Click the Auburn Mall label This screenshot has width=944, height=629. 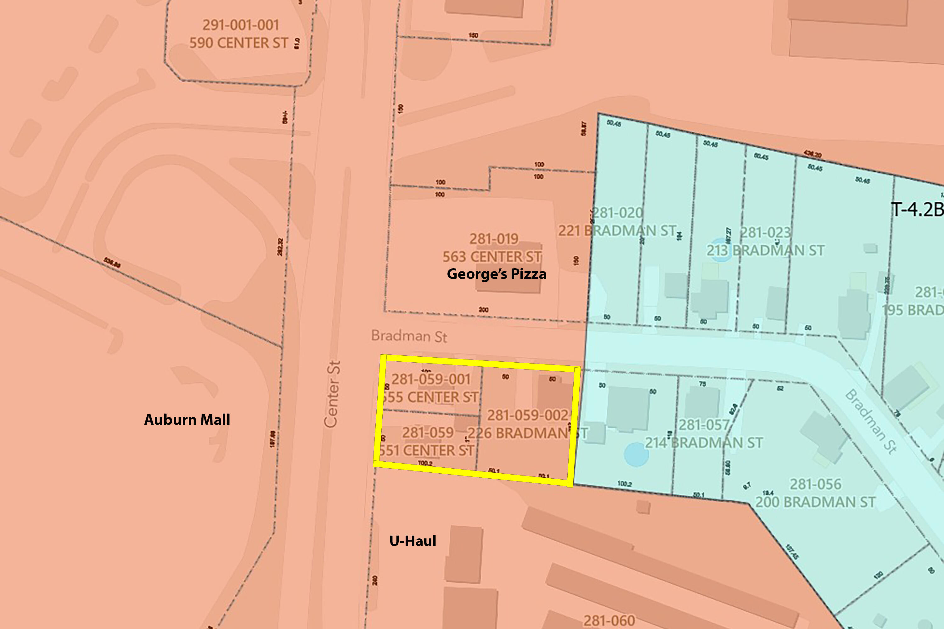(x=187, y=420)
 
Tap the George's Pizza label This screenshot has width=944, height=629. (x=497, y=274)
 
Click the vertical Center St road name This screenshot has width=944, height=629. (x=332, y=394)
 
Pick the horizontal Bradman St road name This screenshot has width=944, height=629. (x=409, y=336)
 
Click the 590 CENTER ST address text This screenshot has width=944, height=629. (x=239, y=43)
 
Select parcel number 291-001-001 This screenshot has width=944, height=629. (x=240, y=25)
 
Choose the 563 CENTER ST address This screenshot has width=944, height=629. (x=492, y=257)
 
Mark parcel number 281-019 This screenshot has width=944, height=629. (x=494, y=239)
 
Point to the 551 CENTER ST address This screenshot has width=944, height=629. (x=427, y=450)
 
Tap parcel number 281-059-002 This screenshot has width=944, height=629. (x=528, y=415)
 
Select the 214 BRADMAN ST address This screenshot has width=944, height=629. (x=704, y=443)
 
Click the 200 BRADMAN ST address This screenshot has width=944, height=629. (x=815, y=502)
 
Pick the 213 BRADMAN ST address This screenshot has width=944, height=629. (x=765, y=251)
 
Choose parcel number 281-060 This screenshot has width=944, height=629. (x=609, y=621)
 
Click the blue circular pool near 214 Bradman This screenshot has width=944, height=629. (x=636, y=454)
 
